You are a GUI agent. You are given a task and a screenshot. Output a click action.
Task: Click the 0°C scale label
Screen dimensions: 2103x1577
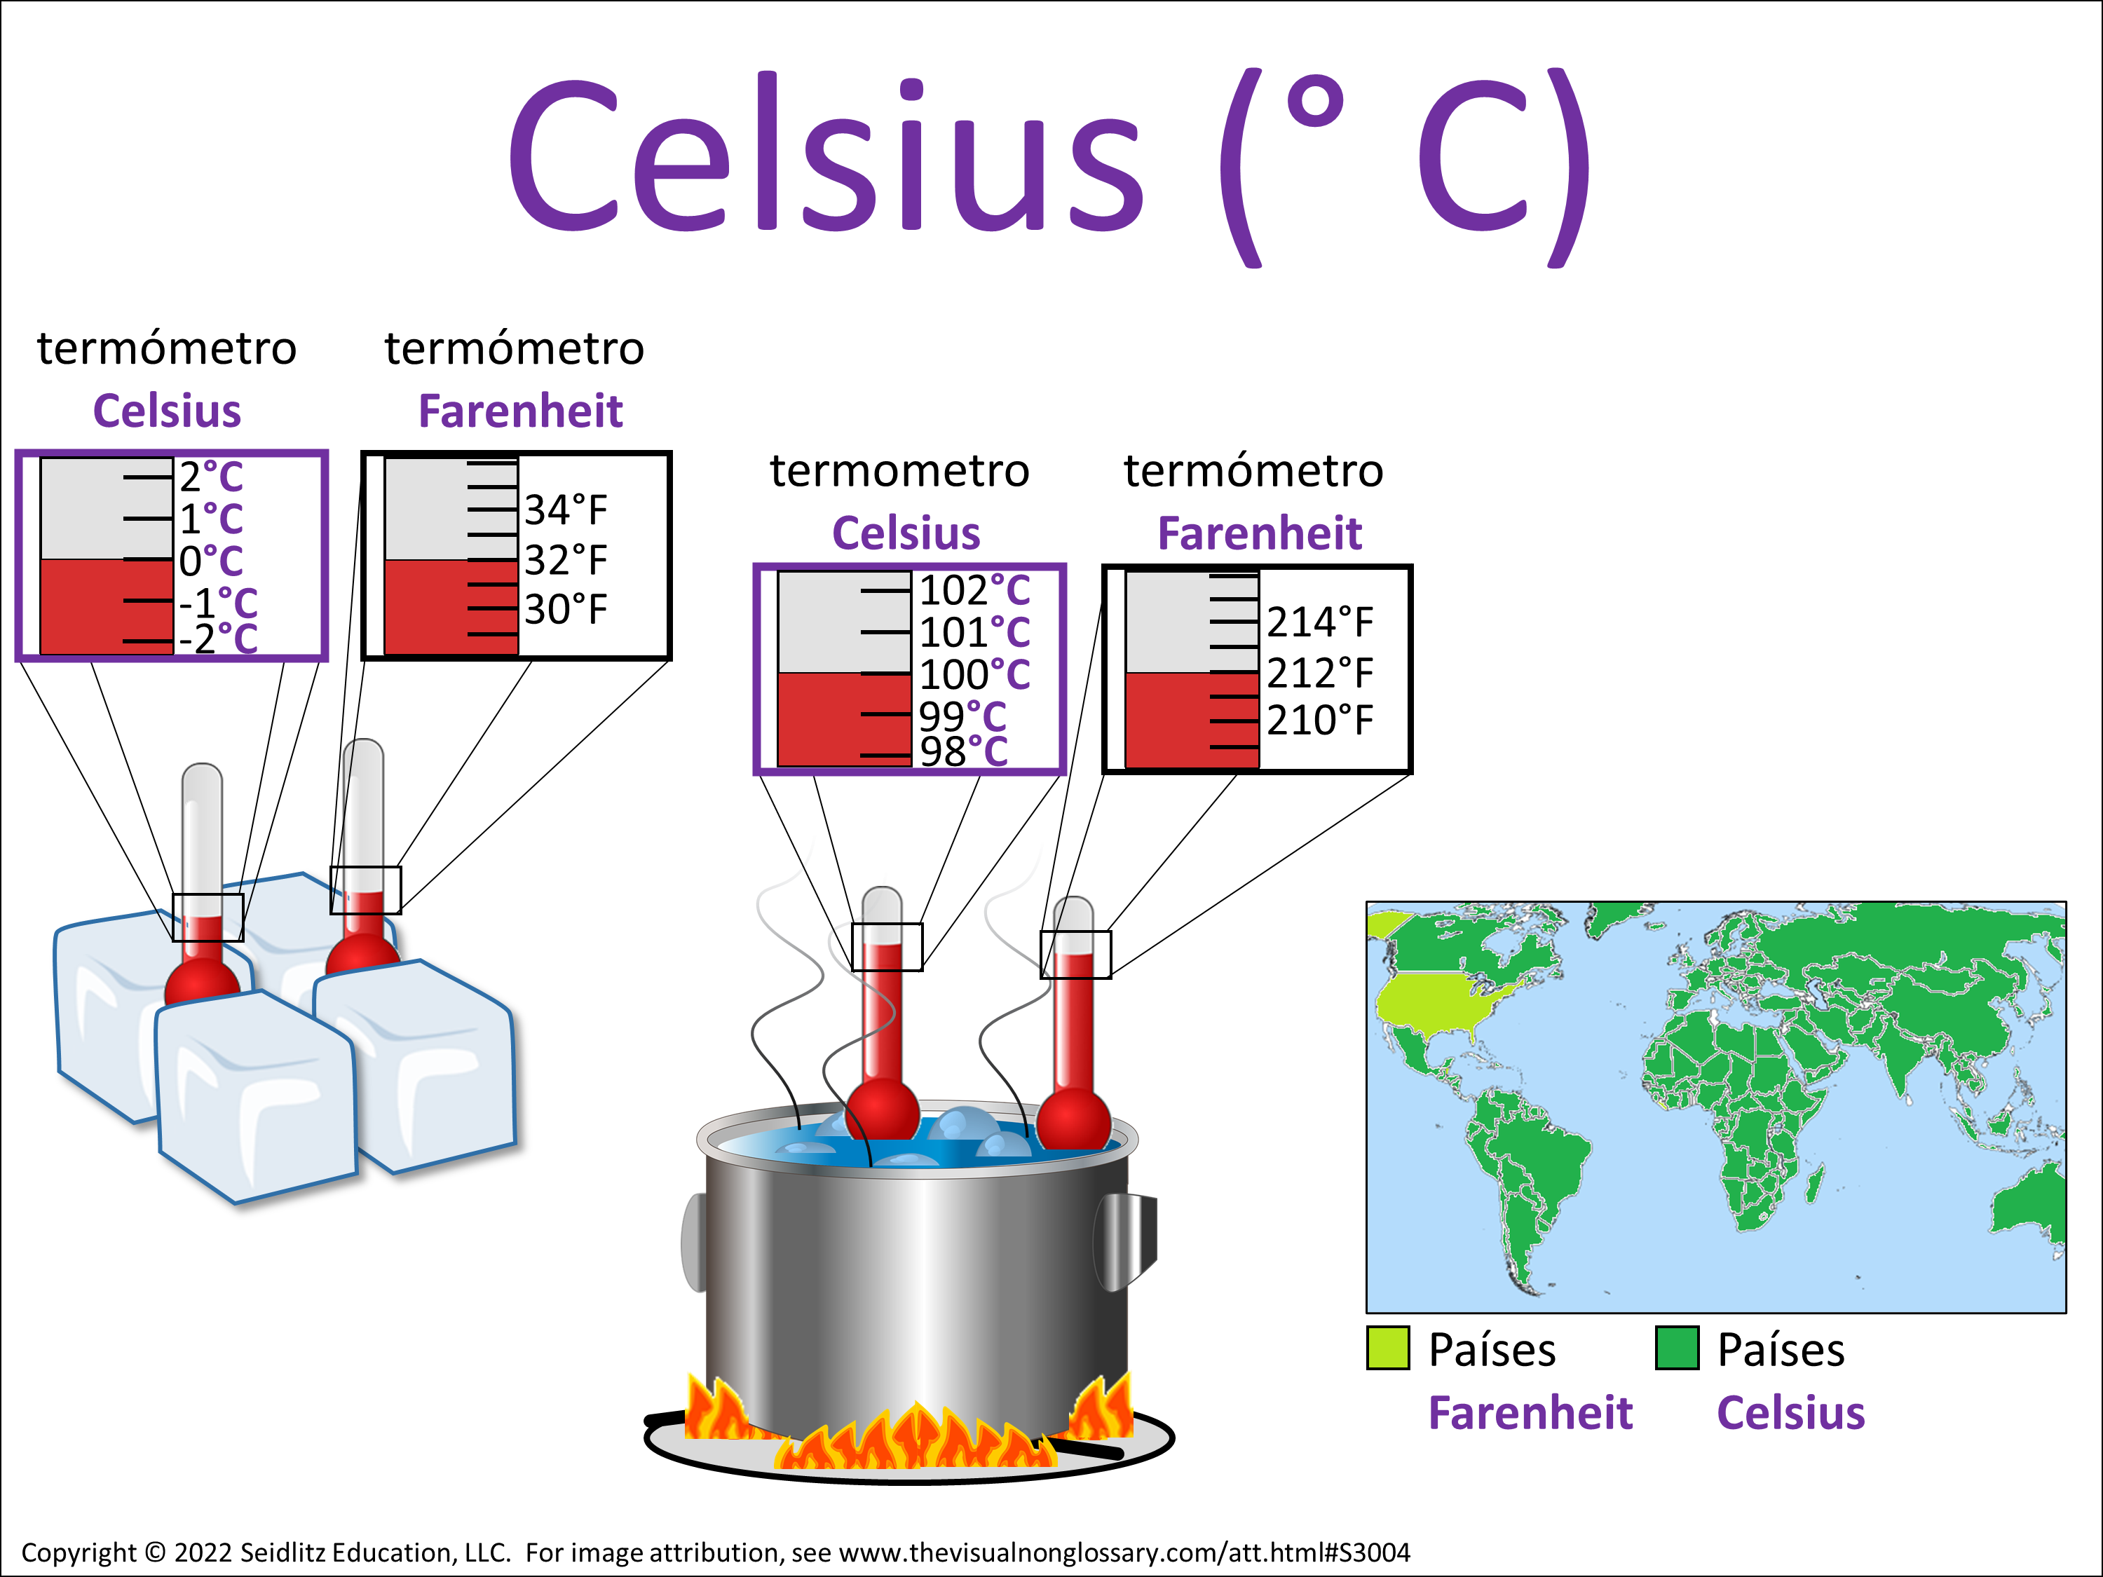[x=211, y=561]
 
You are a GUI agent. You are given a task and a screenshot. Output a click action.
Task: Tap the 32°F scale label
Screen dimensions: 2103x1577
[x=566, y=560]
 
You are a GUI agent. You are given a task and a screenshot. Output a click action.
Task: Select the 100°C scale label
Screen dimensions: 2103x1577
[x=974, y=675]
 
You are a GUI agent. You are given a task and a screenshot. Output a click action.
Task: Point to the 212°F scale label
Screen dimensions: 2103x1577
[x=1319, y=673]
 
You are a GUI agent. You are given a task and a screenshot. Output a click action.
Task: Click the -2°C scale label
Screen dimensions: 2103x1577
[x=219, y=639]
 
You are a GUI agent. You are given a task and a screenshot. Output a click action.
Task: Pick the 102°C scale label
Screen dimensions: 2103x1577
[x=974, y=590]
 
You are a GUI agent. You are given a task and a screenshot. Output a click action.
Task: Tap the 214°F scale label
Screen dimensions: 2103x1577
[x=1319, y=622]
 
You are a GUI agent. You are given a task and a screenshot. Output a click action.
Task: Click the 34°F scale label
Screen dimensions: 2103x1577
[x=566, y=510]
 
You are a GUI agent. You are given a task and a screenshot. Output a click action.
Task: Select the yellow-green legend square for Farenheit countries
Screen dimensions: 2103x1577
[x=1388, y=1348]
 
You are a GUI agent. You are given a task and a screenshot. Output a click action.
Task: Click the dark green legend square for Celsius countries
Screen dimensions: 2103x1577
[x=1677, y=1348]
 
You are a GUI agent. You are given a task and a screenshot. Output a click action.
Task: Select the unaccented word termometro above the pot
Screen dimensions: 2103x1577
[x=899, y=470]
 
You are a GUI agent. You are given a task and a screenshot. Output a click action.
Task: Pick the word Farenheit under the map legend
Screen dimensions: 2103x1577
[x=1531, y=1412]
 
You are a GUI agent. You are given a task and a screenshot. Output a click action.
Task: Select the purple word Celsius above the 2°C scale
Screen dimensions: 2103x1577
[x=168, y=411]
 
